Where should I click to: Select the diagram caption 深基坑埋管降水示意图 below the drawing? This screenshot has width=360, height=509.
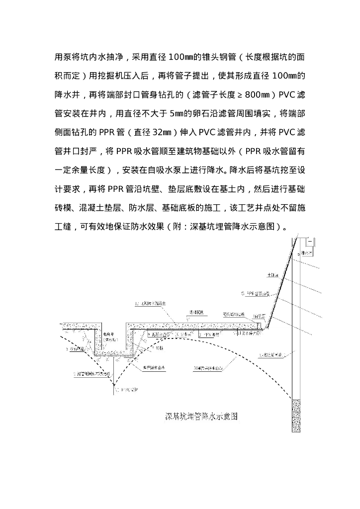tap(201, 416)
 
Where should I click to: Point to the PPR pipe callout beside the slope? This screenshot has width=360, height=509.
tap(256, 294)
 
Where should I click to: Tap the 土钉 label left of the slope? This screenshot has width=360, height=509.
tap(273, 274)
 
